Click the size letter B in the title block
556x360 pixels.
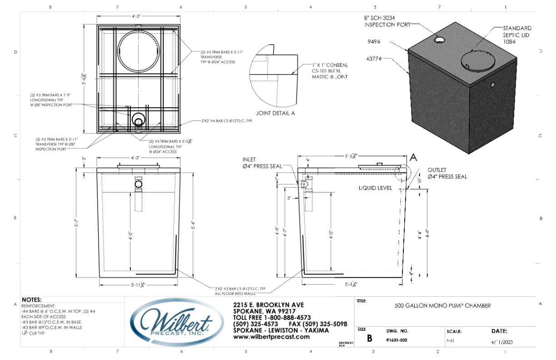369,338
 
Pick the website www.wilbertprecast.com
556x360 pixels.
271,337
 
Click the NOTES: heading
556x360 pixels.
32,300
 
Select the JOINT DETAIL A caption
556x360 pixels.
276,113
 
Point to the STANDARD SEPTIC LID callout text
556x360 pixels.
517,35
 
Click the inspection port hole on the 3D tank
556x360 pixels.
440,40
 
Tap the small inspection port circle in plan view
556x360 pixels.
139,120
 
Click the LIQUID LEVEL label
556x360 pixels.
375,188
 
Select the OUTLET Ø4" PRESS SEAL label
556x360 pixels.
447,174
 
